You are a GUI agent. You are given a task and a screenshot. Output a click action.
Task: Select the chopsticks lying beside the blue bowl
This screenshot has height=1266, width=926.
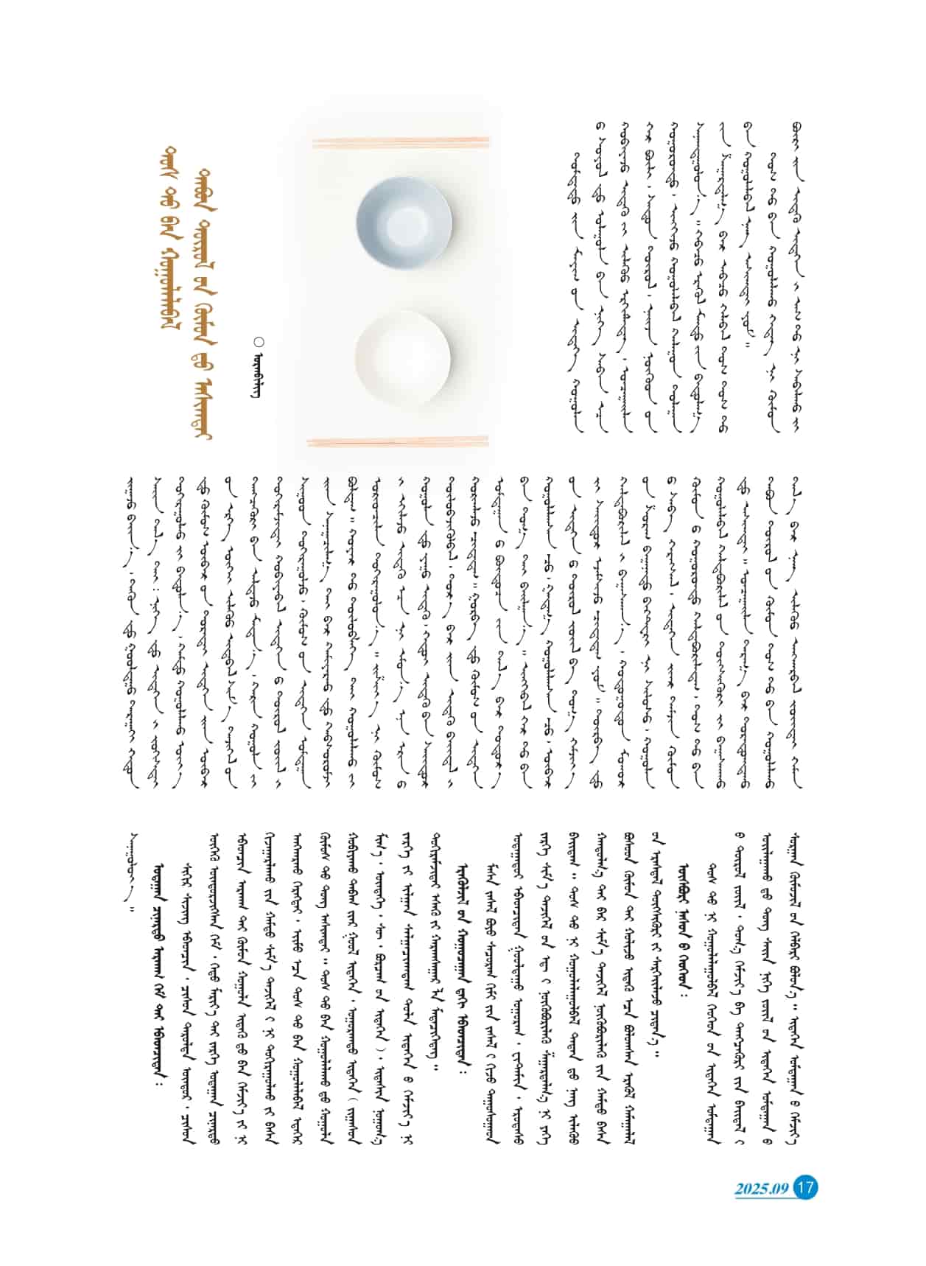pos(398,140)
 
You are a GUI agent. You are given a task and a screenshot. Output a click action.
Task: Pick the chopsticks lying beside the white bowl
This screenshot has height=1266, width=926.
pos(398,441)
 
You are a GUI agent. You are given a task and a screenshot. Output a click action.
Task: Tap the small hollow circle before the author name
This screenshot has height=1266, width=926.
pos(258,341)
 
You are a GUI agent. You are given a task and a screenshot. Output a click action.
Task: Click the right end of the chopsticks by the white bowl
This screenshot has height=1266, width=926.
pos(486,441)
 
